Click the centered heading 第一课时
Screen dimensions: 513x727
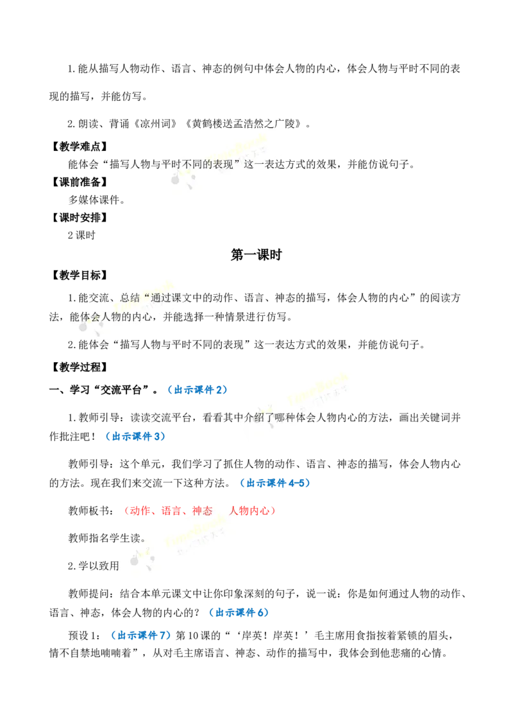tap(256, 255)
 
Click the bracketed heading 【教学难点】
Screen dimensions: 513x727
tap(79, 147)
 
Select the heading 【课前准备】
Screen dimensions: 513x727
tap(79, 182)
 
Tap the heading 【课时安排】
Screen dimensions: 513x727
tap(79, 218)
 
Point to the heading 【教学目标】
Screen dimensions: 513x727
tap(79, 276)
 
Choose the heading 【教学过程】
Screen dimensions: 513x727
tap(79, 367)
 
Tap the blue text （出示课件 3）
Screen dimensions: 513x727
tap(135, 436)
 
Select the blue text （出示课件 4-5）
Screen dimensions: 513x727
tap(275, 483)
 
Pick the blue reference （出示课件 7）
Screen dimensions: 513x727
tap(140, 635)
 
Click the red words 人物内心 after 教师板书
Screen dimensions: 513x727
tap(249, 511)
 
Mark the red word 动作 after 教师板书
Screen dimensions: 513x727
tap(140, 511)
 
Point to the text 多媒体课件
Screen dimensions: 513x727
tap(94, 200)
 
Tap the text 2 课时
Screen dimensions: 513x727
tap(81, 236)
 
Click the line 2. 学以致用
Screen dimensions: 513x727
tap(94, 566)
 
